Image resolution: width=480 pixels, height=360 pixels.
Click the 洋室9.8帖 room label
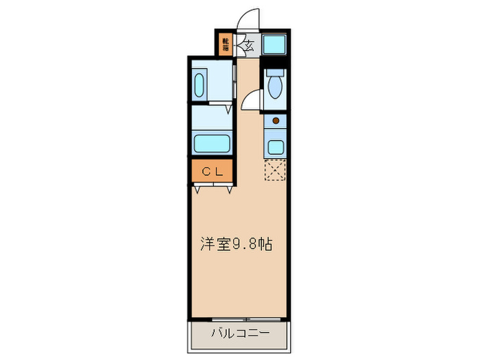(x=237, y=243)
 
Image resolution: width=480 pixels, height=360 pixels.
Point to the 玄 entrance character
(x=248, y=47)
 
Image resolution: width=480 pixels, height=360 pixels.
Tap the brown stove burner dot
(x=276, y=121)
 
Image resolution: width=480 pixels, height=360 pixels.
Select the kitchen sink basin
(x=276, y=146)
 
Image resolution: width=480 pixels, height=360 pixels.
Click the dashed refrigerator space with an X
(x=275, y=169)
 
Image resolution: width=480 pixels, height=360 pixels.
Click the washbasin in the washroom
(x=199, y=86)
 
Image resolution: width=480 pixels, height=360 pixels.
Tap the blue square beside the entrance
(x=275, y=45)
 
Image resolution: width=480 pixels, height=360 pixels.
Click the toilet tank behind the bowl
(x=275, y=71)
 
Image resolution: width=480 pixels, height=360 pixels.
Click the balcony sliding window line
(x=240, y=319)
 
